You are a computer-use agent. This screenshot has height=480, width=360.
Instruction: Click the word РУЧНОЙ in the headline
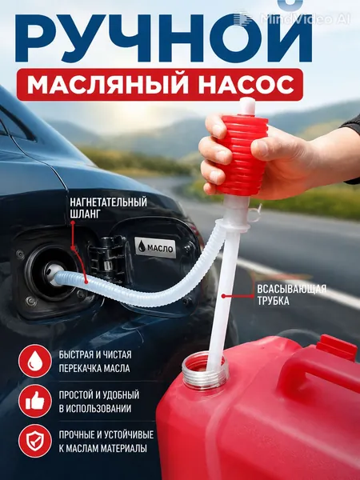tap(164, 37)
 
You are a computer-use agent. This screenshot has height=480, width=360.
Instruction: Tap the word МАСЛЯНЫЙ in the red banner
tap(108, 85)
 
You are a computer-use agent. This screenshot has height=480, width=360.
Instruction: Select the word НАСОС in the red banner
tap(246, 85)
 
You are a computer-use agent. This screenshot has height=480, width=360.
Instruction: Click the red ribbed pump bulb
tap(242, 155)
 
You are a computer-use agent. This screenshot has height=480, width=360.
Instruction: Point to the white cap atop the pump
tap(247, 106)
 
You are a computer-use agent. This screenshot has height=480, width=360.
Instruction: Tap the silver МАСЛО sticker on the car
tap(155, 247)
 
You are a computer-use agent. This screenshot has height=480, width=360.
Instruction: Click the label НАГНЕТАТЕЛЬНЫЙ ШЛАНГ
tap(108, 208)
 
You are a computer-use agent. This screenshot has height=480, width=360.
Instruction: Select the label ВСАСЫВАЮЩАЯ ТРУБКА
tap(291, 294)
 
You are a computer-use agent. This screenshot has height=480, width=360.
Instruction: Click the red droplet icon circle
tap(35, 361)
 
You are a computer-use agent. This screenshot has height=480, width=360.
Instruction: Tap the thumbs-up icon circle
tap(35, 401)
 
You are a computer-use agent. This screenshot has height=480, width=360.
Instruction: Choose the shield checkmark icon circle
tap(35, 441)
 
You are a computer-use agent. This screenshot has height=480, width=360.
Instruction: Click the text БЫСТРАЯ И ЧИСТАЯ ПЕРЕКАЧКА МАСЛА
tap(95, 362)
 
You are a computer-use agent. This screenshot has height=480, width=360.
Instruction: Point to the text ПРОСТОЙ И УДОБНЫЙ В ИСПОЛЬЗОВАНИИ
tap(99, 402)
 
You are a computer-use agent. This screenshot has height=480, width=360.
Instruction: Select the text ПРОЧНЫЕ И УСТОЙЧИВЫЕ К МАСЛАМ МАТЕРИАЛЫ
tap(106, 441)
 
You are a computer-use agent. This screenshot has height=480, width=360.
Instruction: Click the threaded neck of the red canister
tap(205, 371)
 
